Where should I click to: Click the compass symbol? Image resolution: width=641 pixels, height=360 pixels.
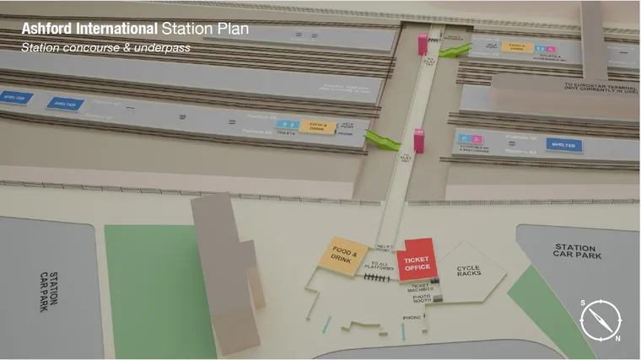tap(601, 320)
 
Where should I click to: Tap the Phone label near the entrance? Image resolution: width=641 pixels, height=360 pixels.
tap(412, 318)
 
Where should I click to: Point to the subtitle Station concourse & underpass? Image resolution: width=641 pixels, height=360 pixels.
tap(105, 48)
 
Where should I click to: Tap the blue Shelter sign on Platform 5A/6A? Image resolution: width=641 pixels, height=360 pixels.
tap(564, 144)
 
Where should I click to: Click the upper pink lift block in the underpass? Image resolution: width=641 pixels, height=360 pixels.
tap(421, 44)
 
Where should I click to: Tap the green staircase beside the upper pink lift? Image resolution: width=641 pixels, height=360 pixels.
tap(453, 52)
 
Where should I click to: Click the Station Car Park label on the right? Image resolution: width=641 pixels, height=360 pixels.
tap(575, 250)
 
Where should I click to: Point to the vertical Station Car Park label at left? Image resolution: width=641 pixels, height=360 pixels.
tap(49, 292)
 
